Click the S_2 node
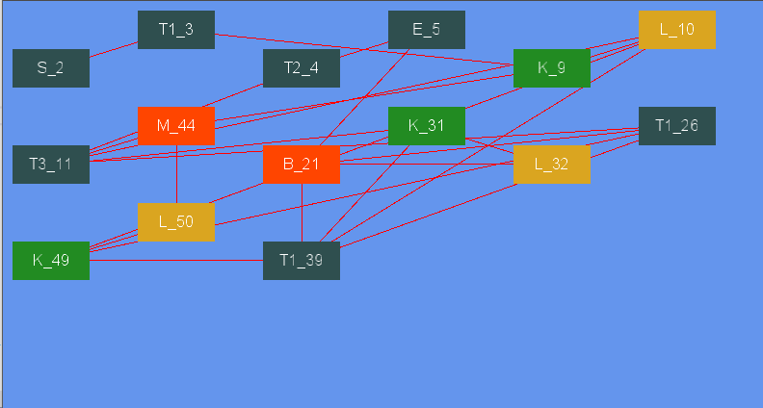click(x=50, y=67)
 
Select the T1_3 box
click(x=175, y=29)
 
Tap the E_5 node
click(x=426, y=29)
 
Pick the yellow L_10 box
click(x=676, y=29)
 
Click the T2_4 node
click(x=301, y=67)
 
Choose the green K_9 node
click(x=551, y=67)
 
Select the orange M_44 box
click(x=175, y=125)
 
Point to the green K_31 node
click(x=426, y=125)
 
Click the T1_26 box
click(x=676, y=125)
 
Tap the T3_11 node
click(x=50, y=164)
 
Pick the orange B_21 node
click(x=301, y=164)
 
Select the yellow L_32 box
click(x=551, y=164)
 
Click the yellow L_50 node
click(x=175, y=221)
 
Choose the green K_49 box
click(x=50, y=260)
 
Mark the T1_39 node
click(x=301, y=260)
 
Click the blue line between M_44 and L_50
click(x=176, y=173)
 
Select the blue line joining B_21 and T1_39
click(x=302, y=212)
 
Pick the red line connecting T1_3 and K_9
click(x=366, y=49)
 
